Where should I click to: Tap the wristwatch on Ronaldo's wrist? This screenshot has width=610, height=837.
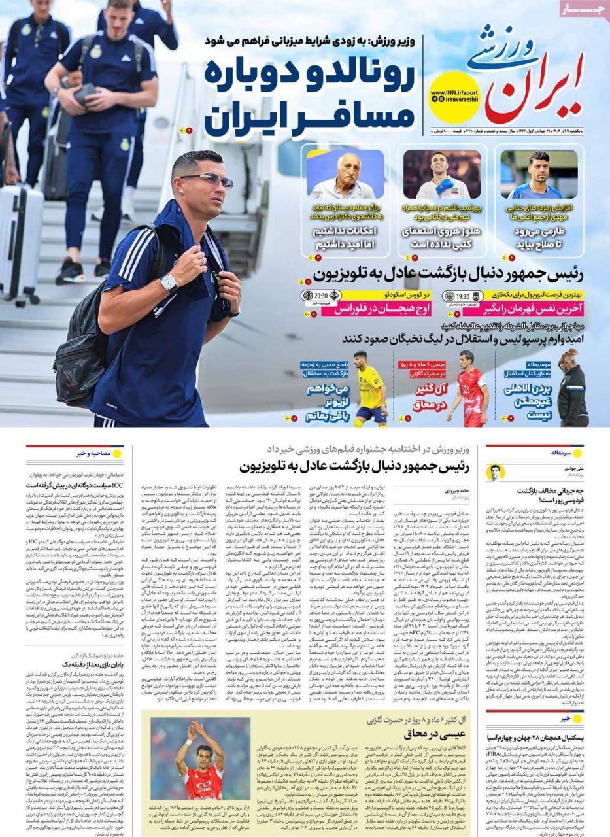[169, 282]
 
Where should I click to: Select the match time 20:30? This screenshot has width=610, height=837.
[320, 295]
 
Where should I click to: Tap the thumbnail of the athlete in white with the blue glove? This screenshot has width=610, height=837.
[441, 175]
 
